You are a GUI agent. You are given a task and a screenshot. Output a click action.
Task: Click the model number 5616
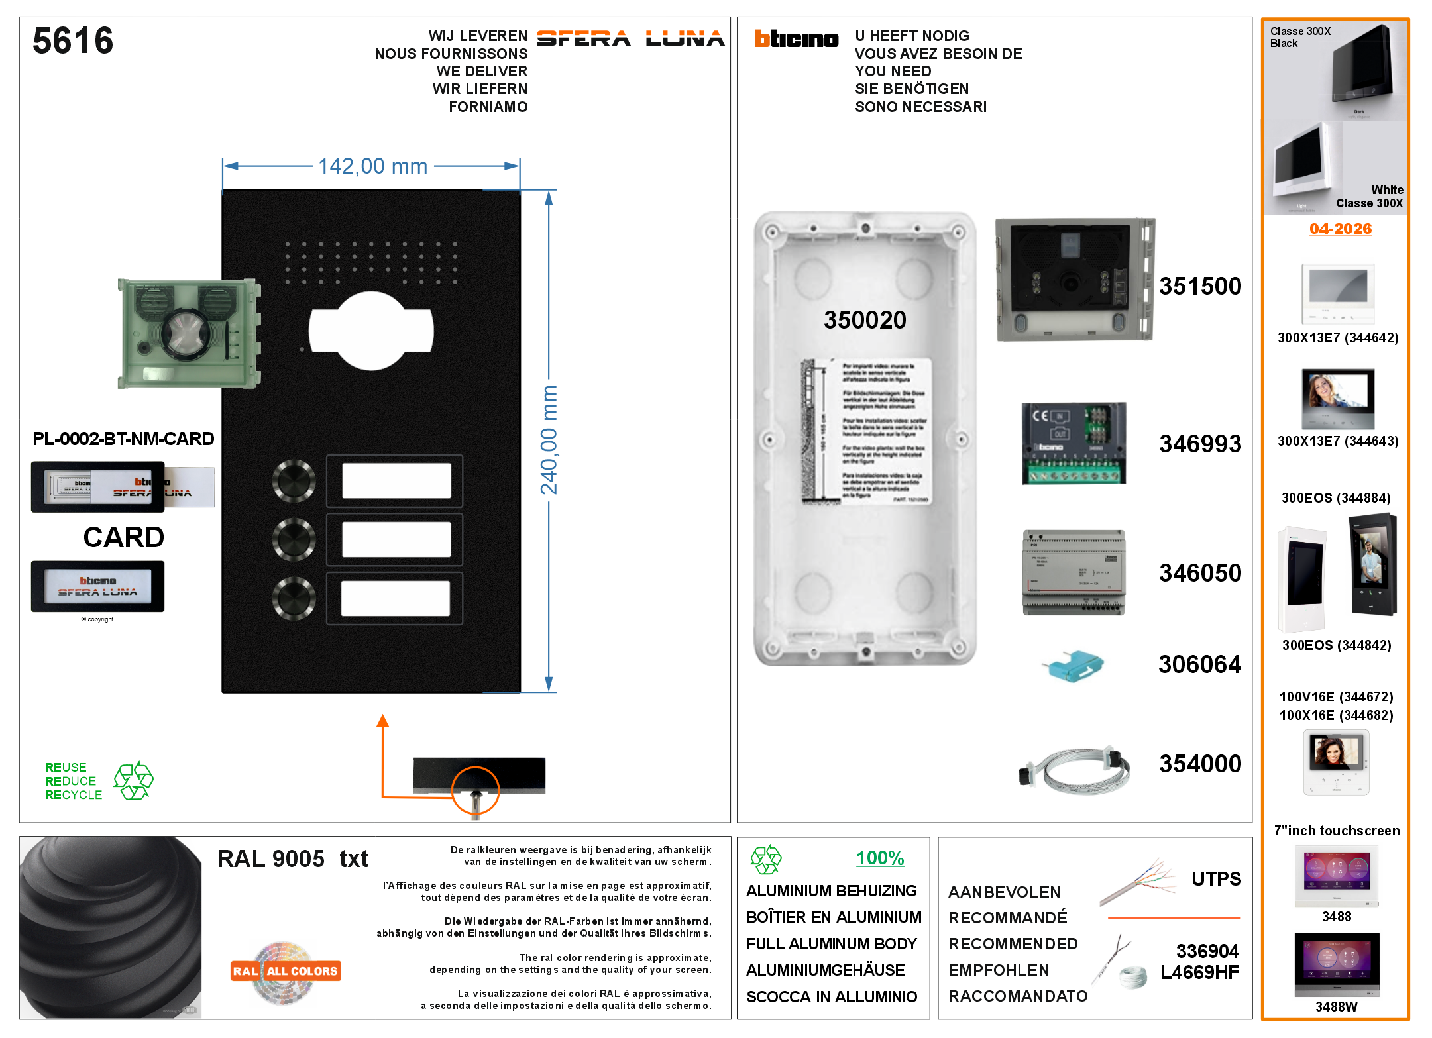click(73, 40)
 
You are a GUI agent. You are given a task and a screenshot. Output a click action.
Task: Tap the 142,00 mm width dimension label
click(372, 166)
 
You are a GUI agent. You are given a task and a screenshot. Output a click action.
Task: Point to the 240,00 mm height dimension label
click(549, 441)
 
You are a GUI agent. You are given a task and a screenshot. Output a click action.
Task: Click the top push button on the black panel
click(294, 481)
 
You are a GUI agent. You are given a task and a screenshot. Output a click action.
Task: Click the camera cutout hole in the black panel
click(371, 331)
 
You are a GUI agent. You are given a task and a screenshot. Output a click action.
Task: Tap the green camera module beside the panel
click(188, 333)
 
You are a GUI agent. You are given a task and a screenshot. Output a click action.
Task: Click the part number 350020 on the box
click(865, 320)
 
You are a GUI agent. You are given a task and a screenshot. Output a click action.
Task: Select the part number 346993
click(1199, 444)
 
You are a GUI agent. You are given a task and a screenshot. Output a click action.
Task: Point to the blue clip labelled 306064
click(1073, 665)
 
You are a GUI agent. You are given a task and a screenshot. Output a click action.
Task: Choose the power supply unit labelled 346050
click(1074, 572)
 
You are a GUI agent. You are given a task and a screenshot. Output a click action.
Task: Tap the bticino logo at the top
click(797, 39)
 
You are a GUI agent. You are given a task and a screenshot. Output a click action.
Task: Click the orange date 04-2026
click(1340, 229)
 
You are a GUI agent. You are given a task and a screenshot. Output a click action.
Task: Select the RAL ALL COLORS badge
click(286, 971)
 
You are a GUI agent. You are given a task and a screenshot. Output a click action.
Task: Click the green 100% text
click(879, 858)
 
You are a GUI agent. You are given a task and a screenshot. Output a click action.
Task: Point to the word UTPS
click(1216, 879)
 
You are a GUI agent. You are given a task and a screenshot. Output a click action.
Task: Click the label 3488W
click(1336, 1007)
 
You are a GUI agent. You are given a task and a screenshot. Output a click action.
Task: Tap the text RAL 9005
click(271, 859)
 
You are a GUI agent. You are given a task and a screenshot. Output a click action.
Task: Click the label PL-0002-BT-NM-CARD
click(123, 439)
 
